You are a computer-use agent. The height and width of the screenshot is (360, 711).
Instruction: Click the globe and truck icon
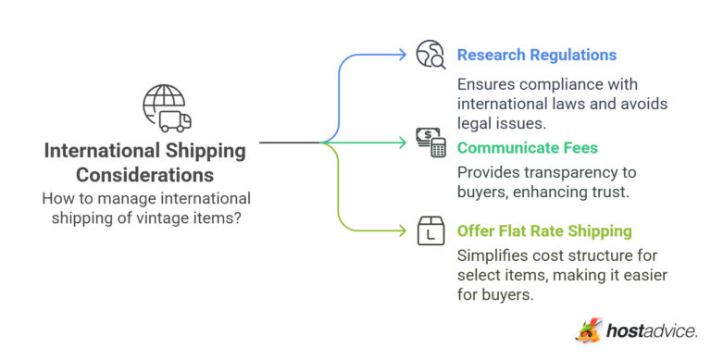click(x=166, y=107)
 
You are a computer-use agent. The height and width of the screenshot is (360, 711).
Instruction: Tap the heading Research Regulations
click(x=537, y=56)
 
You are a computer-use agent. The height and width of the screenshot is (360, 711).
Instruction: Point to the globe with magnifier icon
click(x=430, y=55)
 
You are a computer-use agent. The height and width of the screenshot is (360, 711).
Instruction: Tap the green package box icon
click(x=430, y=231)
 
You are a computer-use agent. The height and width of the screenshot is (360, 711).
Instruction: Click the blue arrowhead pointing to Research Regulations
click(x=401, y=55)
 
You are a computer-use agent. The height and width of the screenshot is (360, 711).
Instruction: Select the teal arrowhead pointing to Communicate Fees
click(x=401, y=143)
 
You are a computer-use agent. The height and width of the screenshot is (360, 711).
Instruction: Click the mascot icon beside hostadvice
click(x=589, y=330)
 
